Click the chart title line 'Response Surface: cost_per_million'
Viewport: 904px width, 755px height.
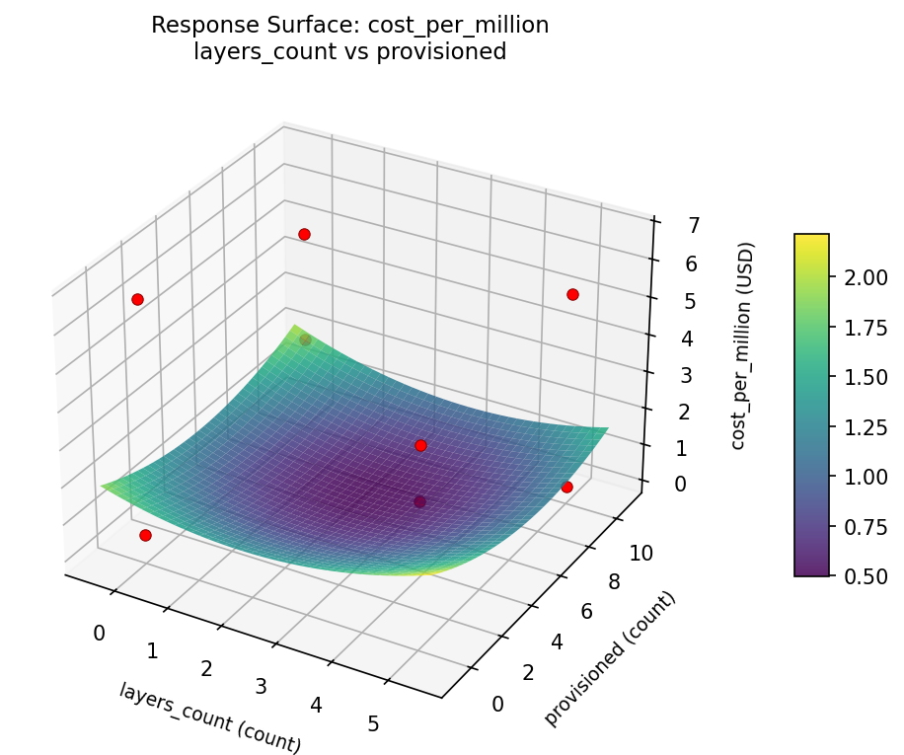tap(349, 26)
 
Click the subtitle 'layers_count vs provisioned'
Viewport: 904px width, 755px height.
tap(349, 52)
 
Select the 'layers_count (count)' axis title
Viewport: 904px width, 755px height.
tap(210, 717)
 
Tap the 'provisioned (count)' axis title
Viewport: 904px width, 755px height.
tap(611, 659)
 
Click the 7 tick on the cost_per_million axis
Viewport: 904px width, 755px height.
tap(668, 225)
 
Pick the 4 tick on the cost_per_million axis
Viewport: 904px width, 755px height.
tap(666, 339)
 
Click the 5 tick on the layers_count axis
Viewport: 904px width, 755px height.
tap(373, 723)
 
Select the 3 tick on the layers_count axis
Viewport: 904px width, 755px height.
tap(262, 686)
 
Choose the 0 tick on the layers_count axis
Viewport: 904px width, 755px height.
tap(99, 632)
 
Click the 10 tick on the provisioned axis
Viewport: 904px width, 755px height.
tap(640, 553)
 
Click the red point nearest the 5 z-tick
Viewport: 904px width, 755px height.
tap(572, 294)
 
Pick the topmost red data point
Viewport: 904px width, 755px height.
tap(304, 234)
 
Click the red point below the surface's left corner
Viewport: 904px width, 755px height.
tap(145, 535)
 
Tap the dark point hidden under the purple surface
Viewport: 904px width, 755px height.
tap(419, 501)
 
